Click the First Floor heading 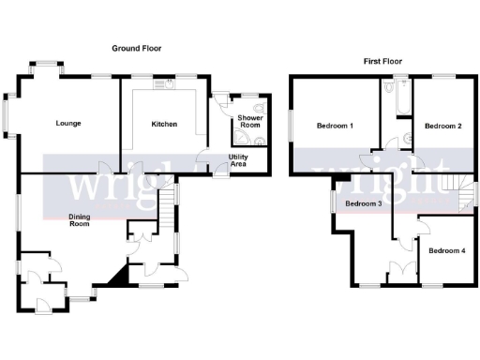(x=383, y=61)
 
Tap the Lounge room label (x=67, y=123)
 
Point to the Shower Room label (x=249, y=122)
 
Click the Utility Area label (x=240, y=160)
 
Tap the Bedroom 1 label (x=334, y=126)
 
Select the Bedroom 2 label (x=442, y=126)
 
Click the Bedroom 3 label (x=363, y=203)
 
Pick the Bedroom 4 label (x=447, y=250)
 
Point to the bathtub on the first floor (x=390, y=96)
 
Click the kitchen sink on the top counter (x=170, y=83)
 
